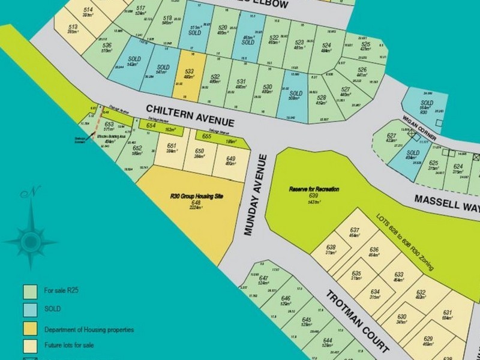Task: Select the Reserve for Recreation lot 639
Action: [x=314, y=193]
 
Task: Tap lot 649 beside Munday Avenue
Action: [x=230, y=160]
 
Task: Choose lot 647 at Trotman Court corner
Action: [x=263, y=280]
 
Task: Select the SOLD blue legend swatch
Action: [x=29, y=309]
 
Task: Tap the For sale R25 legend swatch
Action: [x=29, y=291]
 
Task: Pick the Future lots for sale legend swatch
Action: [x=29, y=346]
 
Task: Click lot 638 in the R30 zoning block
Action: [x=331, y=250]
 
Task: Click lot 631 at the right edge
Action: [x=446, y=314]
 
